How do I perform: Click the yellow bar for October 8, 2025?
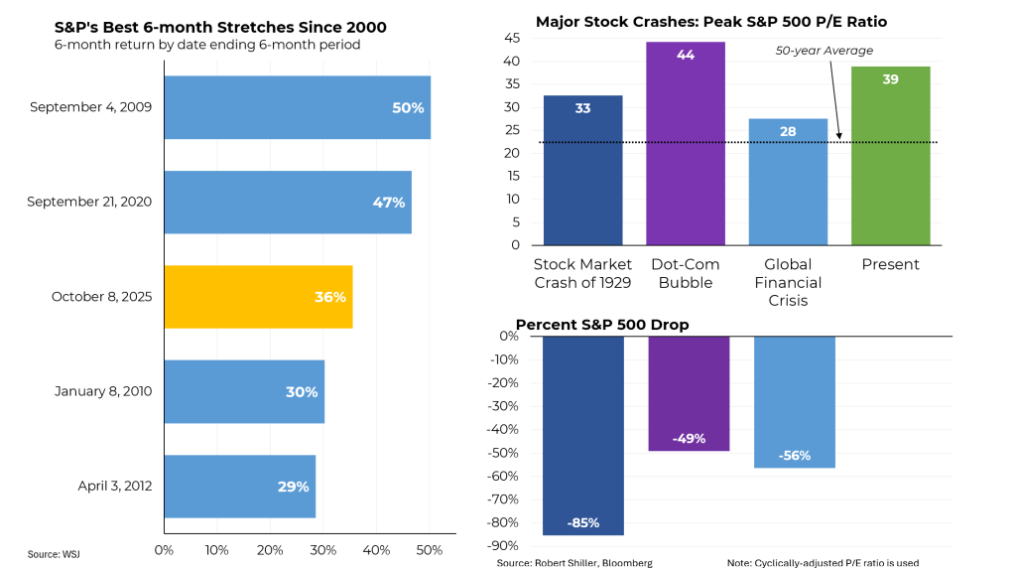(x=258, y=297)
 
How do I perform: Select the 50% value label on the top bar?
(x=408, y=107)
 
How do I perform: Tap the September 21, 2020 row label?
(x=89, y=202)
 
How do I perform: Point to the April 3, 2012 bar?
(x=239, y=487)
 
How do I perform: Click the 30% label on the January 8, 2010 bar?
(x=302, y=392)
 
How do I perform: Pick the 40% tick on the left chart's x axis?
(x=376, y=549)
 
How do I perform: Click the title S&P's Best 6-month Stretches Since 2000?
(x=220, y=27)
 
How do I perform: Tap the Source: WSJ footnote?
(x=53, y=554)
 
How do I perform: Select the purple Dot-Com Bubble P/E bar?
(x=686, y=144)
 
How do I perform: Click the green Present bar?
(x=890, y=156)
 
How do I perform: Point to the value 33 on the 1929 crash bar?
(x=582, y=108)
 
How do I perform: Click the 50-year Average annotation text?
(x=824, y=51)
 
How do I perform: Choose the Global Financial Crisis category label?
(x=788, y=282)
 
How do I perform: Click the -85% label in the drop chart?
(x=582, y=523)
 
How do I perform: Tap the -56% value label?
(x=794, y=456)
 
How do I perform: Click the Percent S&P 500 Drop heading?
(x=602, y=325)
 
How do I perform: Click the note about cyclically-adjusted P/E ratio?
(x=823, y=562)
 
